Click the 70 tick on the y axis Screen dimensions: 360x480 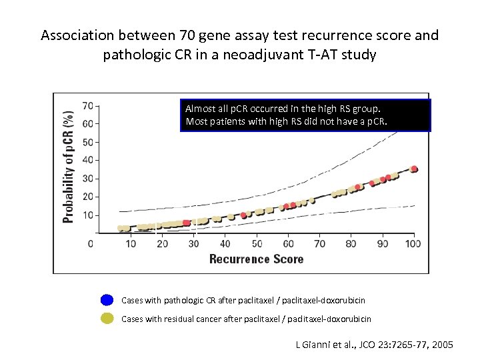[x=88, y=105]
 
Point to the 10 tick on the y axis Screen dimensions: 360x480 [x=88, y=215]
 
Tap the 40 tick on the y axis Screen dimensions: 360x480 [x=88, y=160]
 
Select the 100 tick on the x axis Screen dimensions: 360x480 [x=414, y=243]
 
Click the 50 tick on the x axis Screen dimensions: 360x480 [x=257, y=243]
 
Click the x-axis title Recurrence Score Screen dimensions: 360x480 [x=256, y=259]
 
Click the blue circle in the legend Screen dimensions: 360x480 [x=107, y=301]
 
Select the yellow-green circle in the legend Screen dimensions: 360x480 [x=107, y=319]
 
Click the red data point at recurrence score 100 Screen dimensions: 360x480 [x=414, y=169]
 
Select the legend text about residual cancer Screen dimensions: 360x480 [x=246, y=319]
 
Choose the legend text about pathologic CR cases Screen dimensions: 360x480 [x=243, y=301]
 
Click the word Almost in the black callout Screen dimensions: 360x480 [x=198, y=108]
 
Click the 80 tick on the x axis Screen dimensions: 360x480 [x=351, y=243]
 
